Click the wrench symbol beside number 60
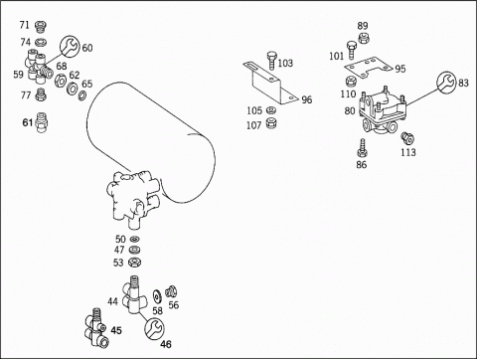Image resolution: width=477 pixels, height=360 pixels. [x=70, y=46]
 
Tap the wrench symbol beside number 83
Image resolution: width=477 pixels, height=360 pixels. [x=446, y=82]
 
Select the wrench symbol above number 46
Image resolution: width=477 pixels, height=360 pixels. [x=154, y=329]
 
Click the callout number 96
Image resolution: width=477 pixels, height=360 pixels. [x=307, y=99]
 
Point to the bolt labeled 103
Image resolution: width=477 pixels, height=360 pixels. [x=271, y=60]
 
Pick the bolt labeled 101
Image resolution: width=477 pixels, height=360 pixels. [x=352, y=50]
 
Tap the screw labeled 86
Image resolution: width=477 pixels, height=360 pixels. [x=363, y=149]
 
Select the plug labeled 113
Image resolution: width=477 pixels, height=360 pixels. [x=406, y=138]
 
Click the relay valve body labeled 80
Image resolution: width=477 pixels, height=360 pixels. [x=383, y=110]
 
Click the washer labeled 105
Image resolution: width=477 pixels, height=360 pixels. [x=270, y=109]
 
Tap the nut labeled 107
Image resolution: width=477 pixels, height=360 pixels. [x=271, y=123]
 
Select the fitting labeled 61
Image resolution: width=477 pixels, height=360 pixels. [x=42, y=122]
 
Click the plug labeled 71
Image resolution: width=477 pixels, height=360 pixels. [x=41, y=27]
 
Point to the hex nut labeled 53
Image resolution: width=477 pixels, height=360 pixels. [x=135, y=263]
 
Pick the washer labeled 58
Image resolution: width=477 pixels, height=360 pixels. [x=156, y=296]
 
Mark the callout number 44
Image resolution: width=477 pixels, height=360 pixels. [x=112, y=301]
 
